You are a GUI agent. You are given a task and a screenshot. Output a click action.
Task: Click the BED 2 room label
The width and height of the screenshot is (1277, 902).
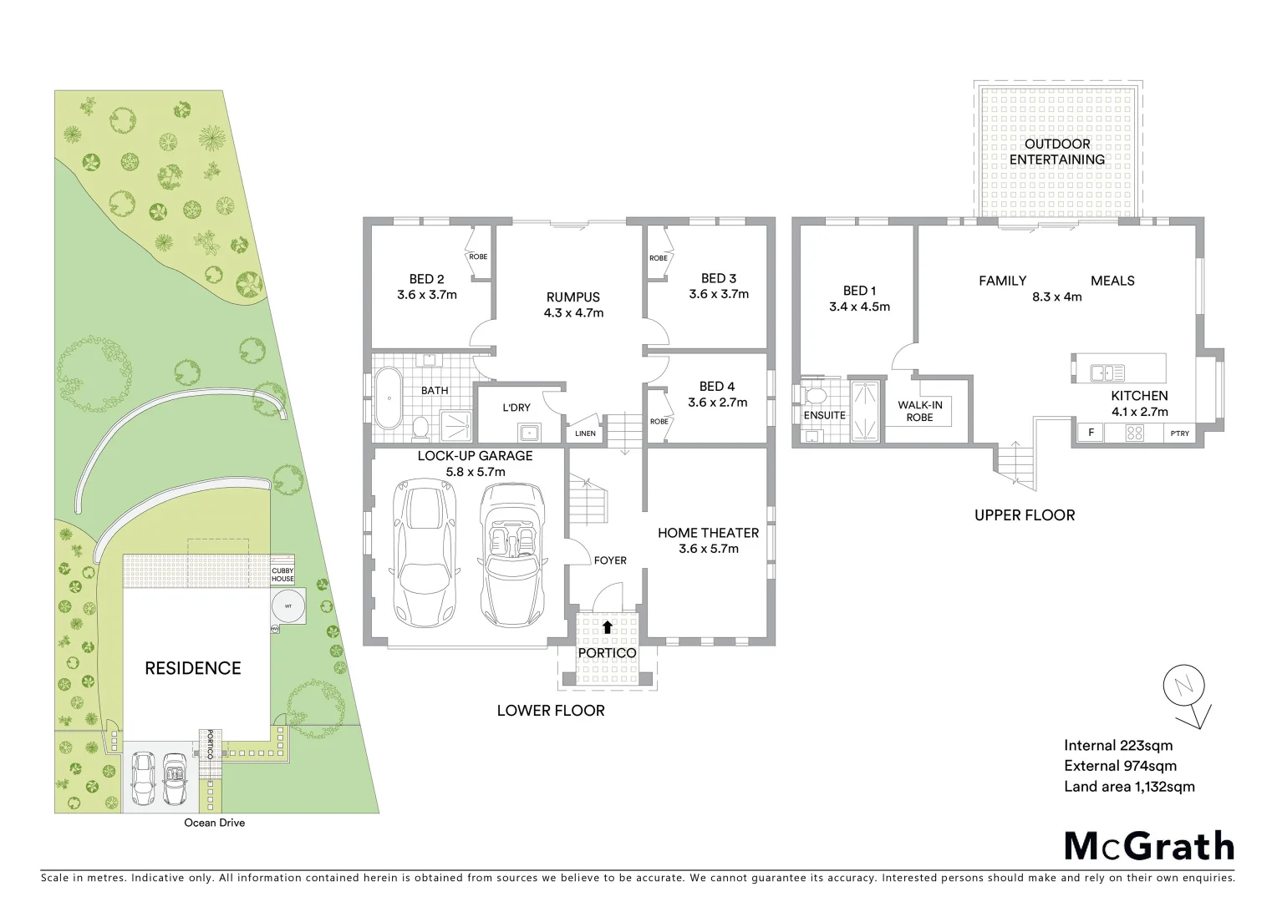(426, 279)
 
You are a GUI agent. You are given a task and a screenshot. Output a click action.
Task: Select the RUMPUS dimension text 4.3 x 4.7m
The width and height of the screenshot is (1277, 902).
(572, 313)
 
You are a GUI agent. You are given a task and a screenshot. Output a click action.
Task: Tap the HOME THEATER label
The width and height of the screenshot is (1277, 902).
(708, 533)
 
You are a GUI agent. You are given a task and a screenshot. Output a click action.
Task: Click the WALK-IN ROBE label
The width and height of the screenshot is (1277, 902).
(919, 411)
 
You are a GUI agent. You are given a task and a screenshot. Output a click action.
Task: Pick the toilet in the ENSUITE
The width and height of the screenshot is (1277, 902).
(812, 394)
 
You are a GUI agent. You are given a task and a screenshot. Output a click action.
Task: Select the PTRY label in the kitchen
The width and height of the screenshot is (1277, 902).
(1179, 433)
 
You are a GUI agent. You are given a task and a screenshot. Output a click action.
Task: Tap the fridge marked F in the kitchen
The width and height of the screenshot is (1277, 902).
(1091, 433)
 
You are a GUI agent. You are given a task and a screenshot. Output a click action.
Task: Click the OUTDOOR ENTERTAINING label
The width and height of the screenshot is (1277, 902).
(1056, 152)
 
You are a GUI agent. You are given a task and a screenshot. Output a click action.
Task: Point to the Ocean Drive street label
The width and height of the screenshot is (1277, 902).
(215, 823)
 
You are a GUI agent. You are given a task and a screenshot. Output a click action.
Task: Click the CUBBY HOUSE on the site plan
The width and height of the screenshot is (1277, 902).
(282, 575)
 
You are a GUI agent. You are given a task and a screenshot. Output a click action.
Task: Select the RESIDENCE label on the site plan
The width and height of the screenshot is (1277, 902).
(192, 668)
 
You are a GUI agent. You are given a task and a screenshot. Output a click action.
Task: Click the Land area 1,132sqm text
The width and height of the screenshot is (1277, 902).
(1128, 786)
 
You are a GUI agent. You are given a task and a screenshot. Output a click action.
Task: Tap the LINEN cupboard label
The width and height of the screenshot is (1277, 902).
(585, 433)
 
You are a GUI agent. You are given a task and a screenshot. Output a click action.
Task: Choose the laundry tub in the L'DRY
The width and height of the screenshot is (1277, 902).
(527, 432)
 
